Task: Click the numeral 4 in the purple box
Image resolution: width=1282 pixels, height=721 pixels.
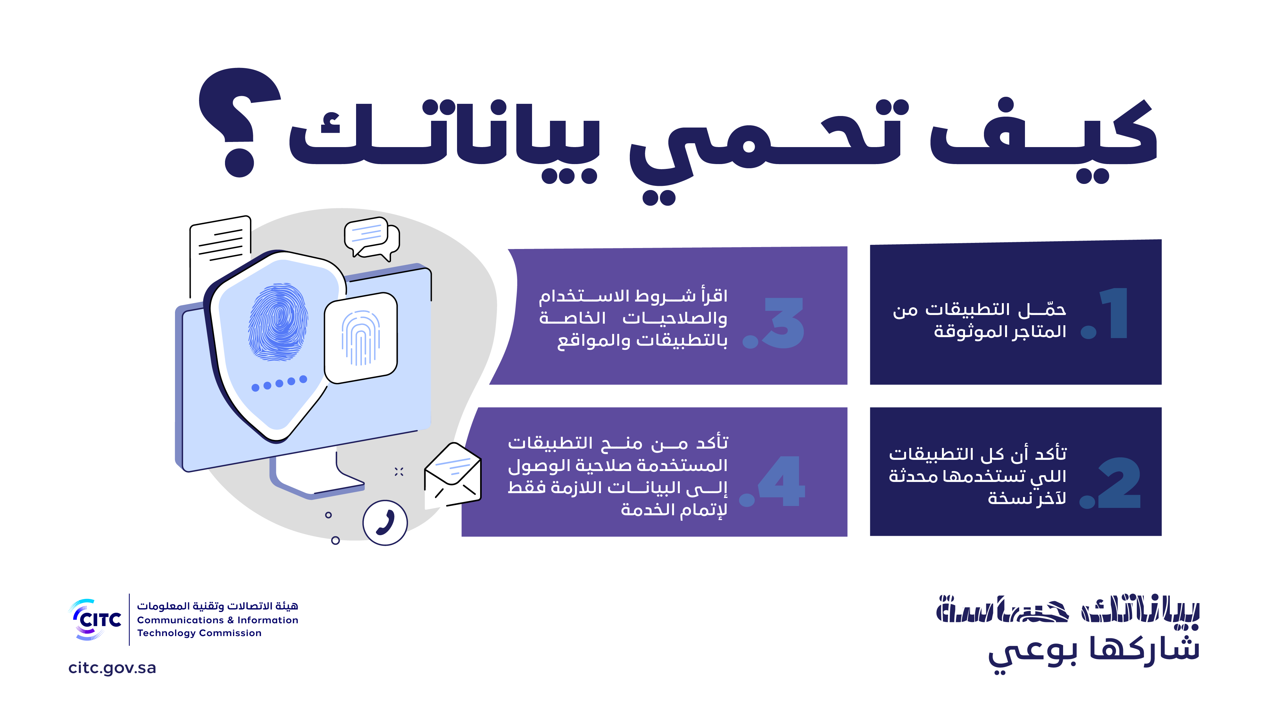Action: [x=781, y=482]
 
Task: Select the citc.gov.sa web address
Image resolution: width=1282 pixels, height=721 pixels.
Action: [x=112, y=668]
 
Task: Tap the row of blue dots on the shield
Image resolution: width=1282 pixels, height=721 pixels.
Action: [x=279, y=383]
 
